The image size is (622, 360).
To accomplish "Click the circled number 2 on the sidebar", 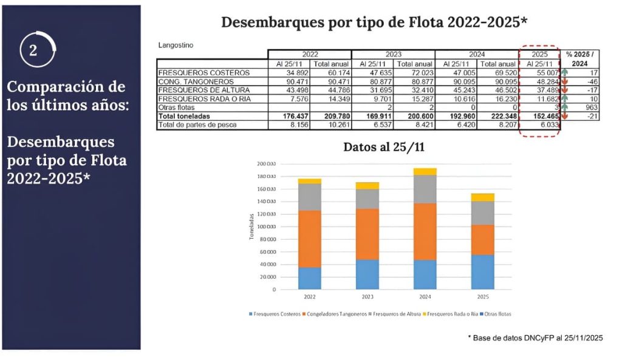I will (33, 50).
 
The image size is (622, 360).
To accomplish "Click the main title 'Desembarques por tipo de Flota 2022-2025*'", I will (374, 22).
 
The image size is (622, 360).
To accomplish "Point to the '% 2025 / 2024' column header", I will (581, 59).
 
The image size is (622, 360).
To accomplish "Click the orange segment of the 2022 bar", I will (309, 239).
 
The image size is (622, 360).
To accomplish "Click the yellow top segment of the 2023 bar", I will (367, 185).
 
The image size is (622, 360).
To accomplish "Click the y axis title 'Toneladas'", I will (252, 226).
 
